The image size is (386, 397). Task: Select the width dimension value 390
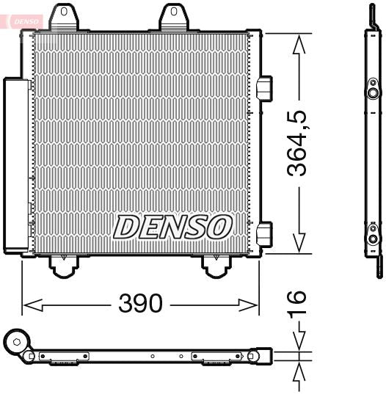[x=140, y=303]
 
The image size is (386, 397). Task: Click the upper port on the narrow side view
[x=374, y=93]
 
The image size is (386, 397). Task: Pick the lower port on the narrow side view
[x=374, y=237]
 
